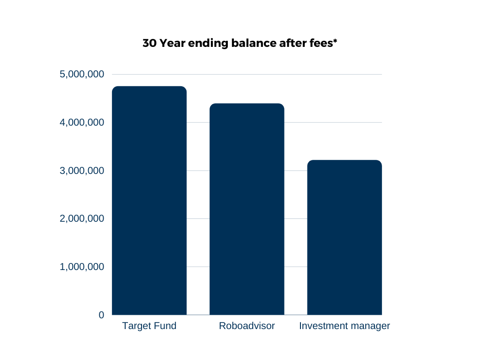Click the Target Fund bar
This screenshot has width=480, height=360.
click(x=149, y=201)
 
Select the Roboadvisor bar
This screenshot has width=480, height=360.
click(x=247, y=209)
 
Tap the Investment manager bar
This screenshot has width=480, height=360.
click(x=345, y=237)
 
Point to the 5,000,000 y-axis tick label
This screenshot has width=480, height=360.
click(x=82, y=75)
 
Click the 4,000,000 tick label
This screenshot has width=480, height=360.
click(x=82, y=122)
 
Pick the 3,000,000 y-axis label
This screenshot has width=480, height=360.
click(x=82, y=171)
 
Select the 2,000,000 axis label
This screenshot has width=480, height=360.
click(x=82, y=218)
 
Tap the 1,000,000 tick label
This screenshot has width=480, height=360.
click(x=82, y=267)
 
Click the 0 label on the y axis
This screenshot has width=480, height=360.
click(x=101, y=315)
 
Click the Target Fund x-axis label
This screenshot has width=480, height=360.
click(x=149, y=326)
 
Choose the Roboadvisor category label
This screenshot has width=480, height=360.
click(x=247, y=326)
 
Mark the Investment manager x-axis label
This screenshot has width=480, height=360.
click(x=345, y=326)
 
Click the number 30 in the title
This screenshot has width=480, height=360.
click(x=150, y=43)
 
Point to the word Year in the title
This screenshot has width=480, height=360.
click(x=172, y=43)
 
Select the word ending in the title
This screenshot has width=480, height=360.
click(x=208, y=44)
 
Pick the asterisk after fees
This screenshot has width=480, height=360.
click(x=335, y=41)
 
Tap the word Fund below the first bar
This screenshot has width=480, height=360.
click(x=165, y=326)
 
